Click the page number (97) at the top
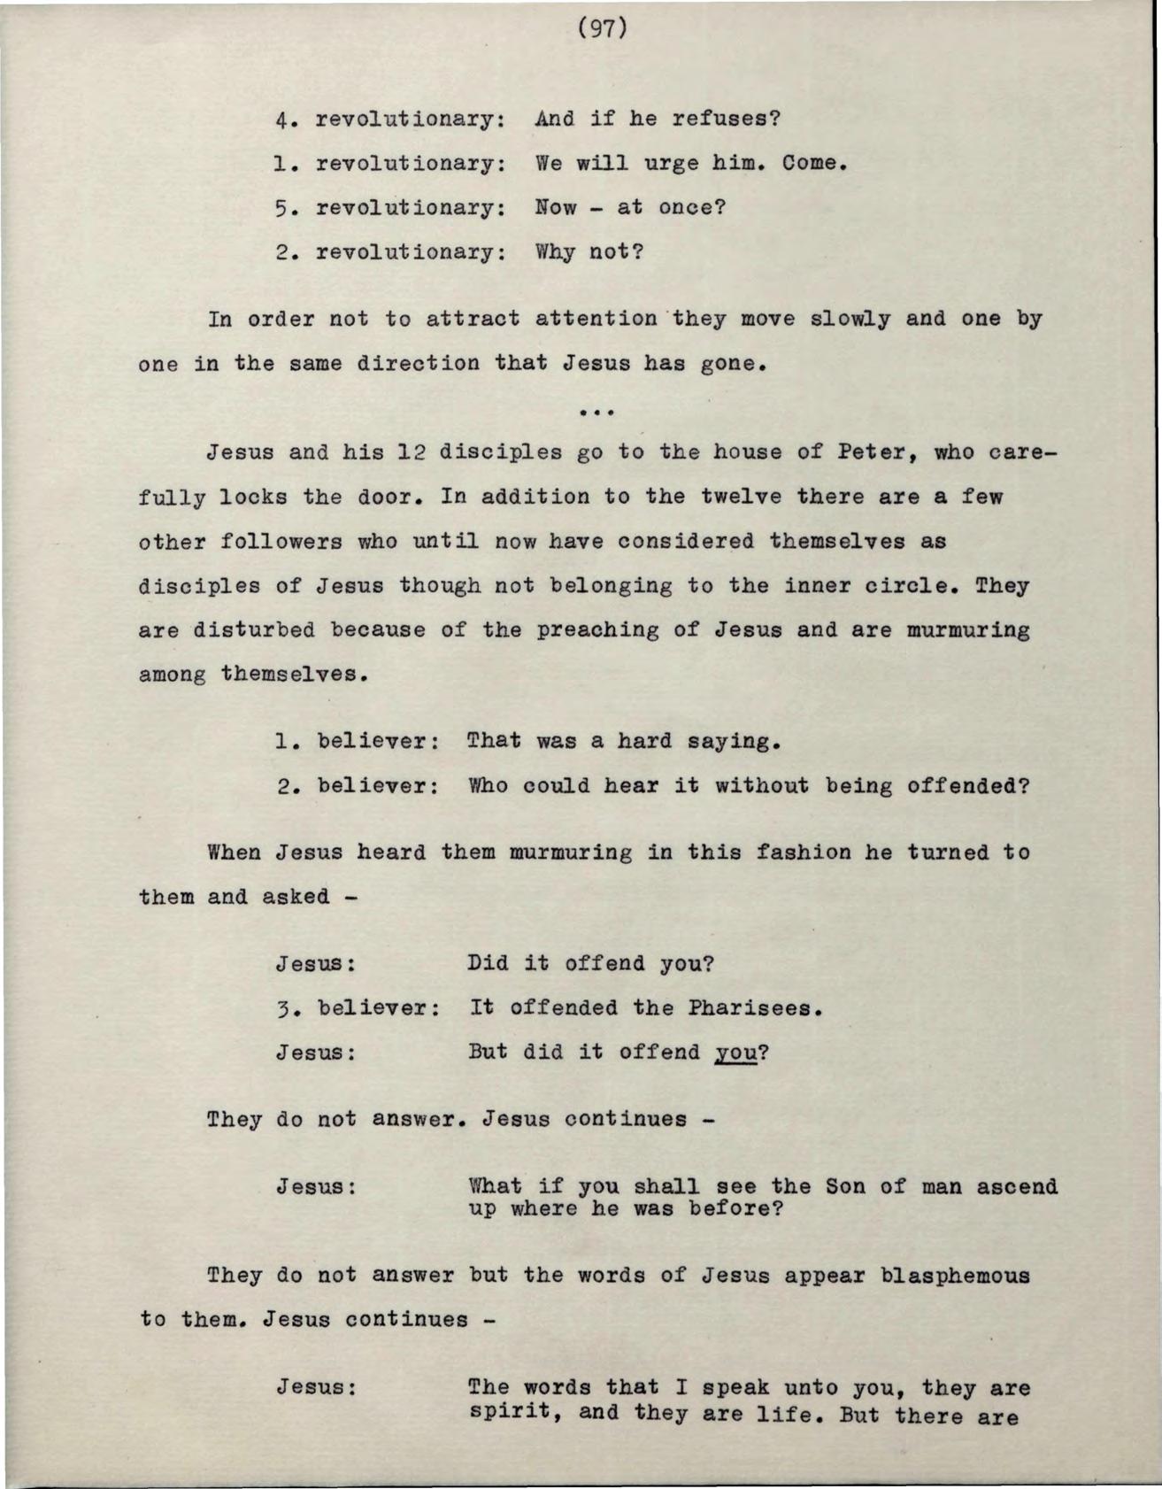click(602, 29)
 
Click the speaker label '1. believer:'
click(358, 741)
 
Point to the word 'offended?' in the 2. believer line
click(968, 786)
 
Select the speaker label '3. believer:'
click(358, 1008)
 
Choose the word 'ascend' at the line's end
click(1017, 1186)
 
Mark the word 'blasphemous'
click(955, 1276)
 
